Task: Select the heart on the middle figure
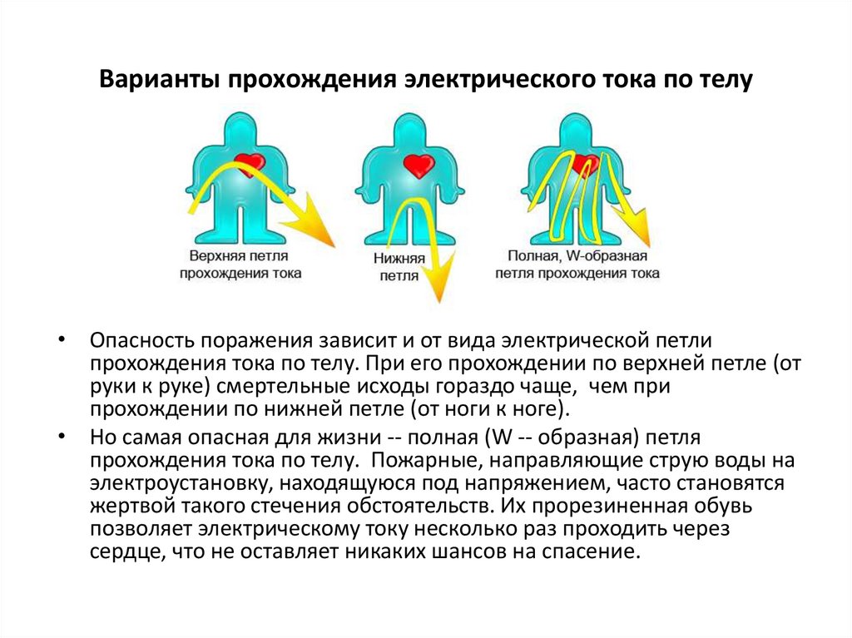[x=419, y=164]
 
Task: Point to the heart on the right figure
[x=587, y=164]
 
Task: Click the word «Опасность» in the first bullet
[x=137, y=342]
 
